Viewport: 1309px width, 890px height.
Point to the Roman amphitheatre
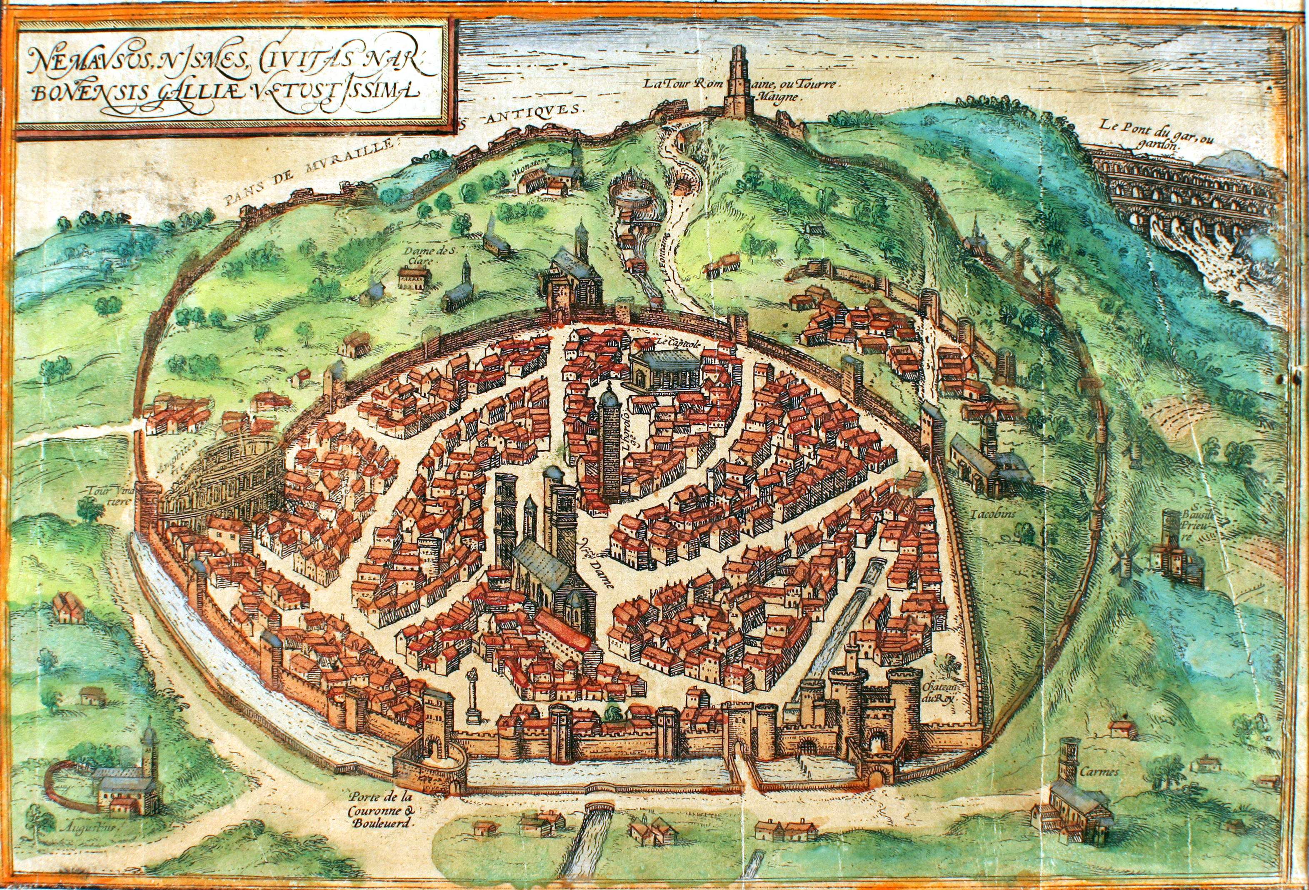tap(225, 484)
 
